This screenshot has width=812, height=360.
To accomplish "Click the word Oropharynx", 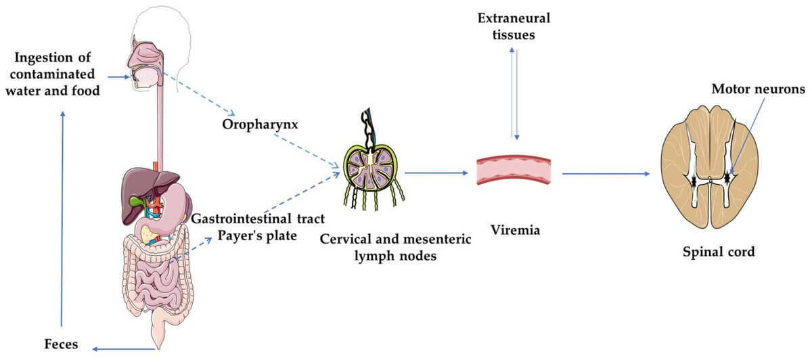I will tap(250, 125).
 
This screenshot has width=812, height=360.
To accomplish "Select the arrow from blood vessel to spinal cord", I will tap(606, 174).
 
